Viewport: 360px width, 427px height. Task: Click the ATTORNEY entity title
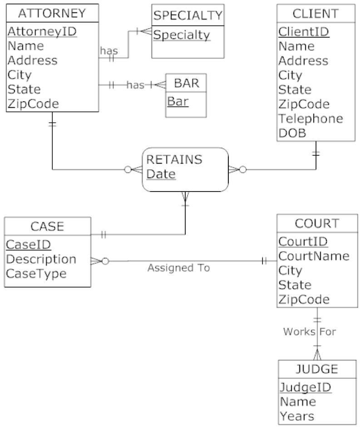(52, 14)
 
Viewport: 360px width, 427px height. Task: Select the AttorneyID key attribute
(42, 32)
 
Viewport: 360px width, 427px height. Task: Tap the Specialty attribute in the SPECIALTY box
(182, 35)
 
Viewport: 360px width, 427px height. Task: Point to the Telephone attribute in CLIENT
(311, 118)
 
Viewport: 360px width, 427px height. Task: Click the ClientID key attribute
(304, 32)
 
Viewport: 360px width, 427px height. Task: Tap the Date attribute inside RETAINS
(160, 174)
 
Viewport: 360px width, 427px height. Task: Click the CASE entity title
(47, 226)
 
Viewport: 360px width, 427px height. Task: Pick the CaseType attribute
(36, 274)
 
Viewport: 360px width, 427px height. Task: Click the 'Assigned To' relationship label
(178, 268)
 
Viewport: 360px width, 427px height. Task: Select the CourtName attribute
(314, 256)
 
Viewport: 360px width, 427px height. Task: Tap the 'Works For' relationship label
(309, 332)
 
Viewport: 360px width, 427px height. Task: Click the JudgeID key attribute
(305, 387)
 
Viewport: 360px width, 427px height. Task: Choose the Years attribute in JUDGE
(296, 416)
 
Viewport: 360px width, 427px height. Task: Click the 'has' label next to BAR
(135, 85)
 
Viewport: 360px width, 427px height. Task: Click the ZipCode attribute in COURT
(303, 299)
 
